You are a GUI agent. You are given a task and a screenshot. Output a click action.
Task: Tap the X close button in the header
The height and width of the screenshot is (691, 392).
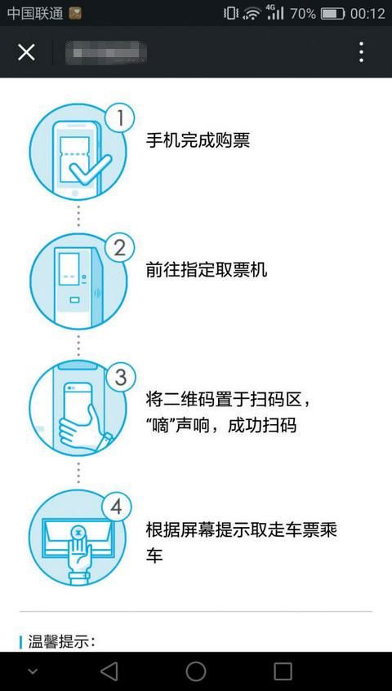pyautogui.click(x=26, y=52)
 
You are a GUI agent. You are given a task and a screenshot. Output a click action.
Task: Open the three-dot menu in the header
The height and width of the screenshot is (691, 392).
pyautogui.click(x=361, y=52)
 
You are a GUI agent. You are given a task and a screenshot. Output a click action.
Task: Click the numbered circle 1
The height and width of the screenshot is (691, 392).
pyautogui.click(x=120, y=118)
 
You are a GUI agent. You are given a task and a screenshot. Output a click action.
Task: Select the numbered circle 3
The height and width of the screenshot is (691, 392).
pyautogui.click(x=120, y=377)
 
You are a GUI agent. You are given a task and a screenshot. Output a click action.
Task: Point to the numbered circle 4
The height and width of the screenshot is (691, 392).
pyautogui.click(x=116, y=507)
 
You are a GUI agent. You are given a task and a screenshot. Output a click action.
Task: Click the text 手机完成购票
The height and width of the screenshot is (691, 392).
pyautogui.click(x=198, y=140)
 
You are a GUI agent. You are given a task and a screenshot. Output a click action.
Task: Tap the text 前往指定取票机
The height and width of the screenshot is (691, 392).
pyautogui.click(x=206, y=270)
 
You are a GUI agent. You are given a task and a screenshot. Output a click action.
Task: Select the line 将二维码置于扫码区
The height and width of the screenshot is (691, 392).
pyautogui.click(x=228, y=400)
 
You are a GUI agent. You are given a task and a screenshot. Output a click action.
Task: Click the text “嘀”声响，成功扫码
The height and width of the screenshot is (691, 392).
pyautogui.click(x=220, y=425)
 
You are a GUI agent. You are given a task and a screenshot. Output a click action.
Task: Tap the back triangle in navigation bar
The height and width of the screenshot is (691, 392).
pyautogui.click(x=109, y=671)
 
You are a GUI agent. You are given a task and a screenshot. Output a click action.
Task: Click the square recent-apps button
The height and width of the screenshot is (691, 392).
pyautogui.click(x=283, y=671)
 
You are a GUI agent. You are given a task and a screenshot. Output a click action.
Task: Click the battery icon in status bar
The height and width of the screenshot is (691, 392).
pyautogui.click(x=332, y=13)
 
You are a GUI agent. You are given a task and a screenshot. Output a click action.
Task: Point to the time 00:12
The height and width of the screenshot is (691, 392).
pyautogui.click(x=367, y=13)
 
